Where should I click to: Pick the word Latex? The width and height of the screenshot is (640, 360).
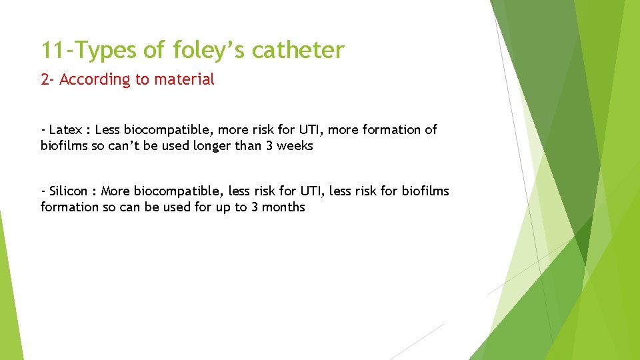65,129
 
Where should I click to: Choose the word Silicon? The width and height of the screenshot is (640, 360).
68,191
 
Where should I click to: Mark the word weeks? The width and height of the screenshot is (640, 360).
295,145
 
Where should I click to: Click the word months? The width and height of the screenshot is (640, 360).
283,207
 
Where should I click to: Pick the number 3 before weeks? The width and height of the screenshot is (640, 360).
269,145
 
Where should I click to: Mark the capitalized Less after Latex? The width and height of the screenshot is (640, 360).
107,129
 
